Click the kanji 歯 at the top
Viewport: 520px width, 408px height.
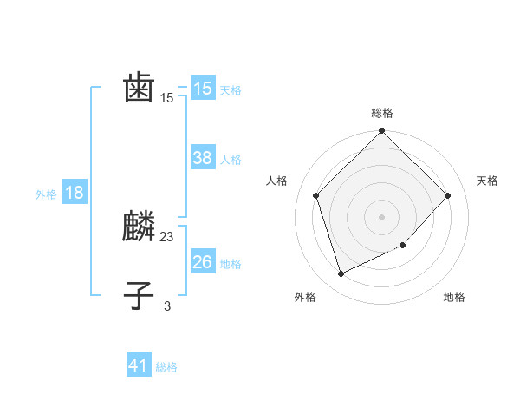[140, 88]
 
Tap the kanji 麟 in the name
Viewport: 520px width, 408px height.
[140, 227]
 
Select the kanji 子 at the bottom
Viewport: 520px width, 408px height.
[140, 295]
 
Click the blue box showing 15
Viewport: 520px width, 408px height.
[202, 88]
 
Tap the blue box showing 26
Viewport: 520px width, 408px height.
[202, 261]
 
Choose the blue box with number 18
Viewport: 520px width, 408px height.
[74, 193]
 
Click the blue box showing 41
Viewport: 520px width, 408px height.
[139, 365]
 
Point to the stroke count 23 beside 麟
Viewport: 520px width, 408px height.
[167, 236]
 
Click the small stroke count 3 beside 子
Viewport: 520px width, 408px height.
[167, 305]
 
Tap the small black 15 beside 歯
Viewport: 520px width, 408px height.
[167, 98]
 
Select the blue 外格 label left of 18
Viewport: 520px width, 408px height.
[46, 194]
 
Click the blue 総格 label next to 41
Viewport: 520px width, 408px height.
[166, 367]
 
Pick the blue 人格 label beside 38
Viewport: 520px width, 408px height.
[231, 160]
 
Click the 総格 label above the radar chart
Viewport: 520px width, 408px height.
[382, 113]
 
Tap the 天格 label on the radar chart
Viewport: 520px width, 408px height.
[488, 181]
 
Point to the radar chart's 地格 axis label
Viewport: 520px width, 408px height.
[454, 297]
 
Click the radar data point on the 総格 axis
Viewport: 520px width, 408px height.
[382, 132]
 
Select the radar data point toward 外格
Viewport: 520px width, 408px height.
[341, 274]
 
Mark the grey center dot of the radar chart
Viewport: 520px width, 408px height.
[382, 217]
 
